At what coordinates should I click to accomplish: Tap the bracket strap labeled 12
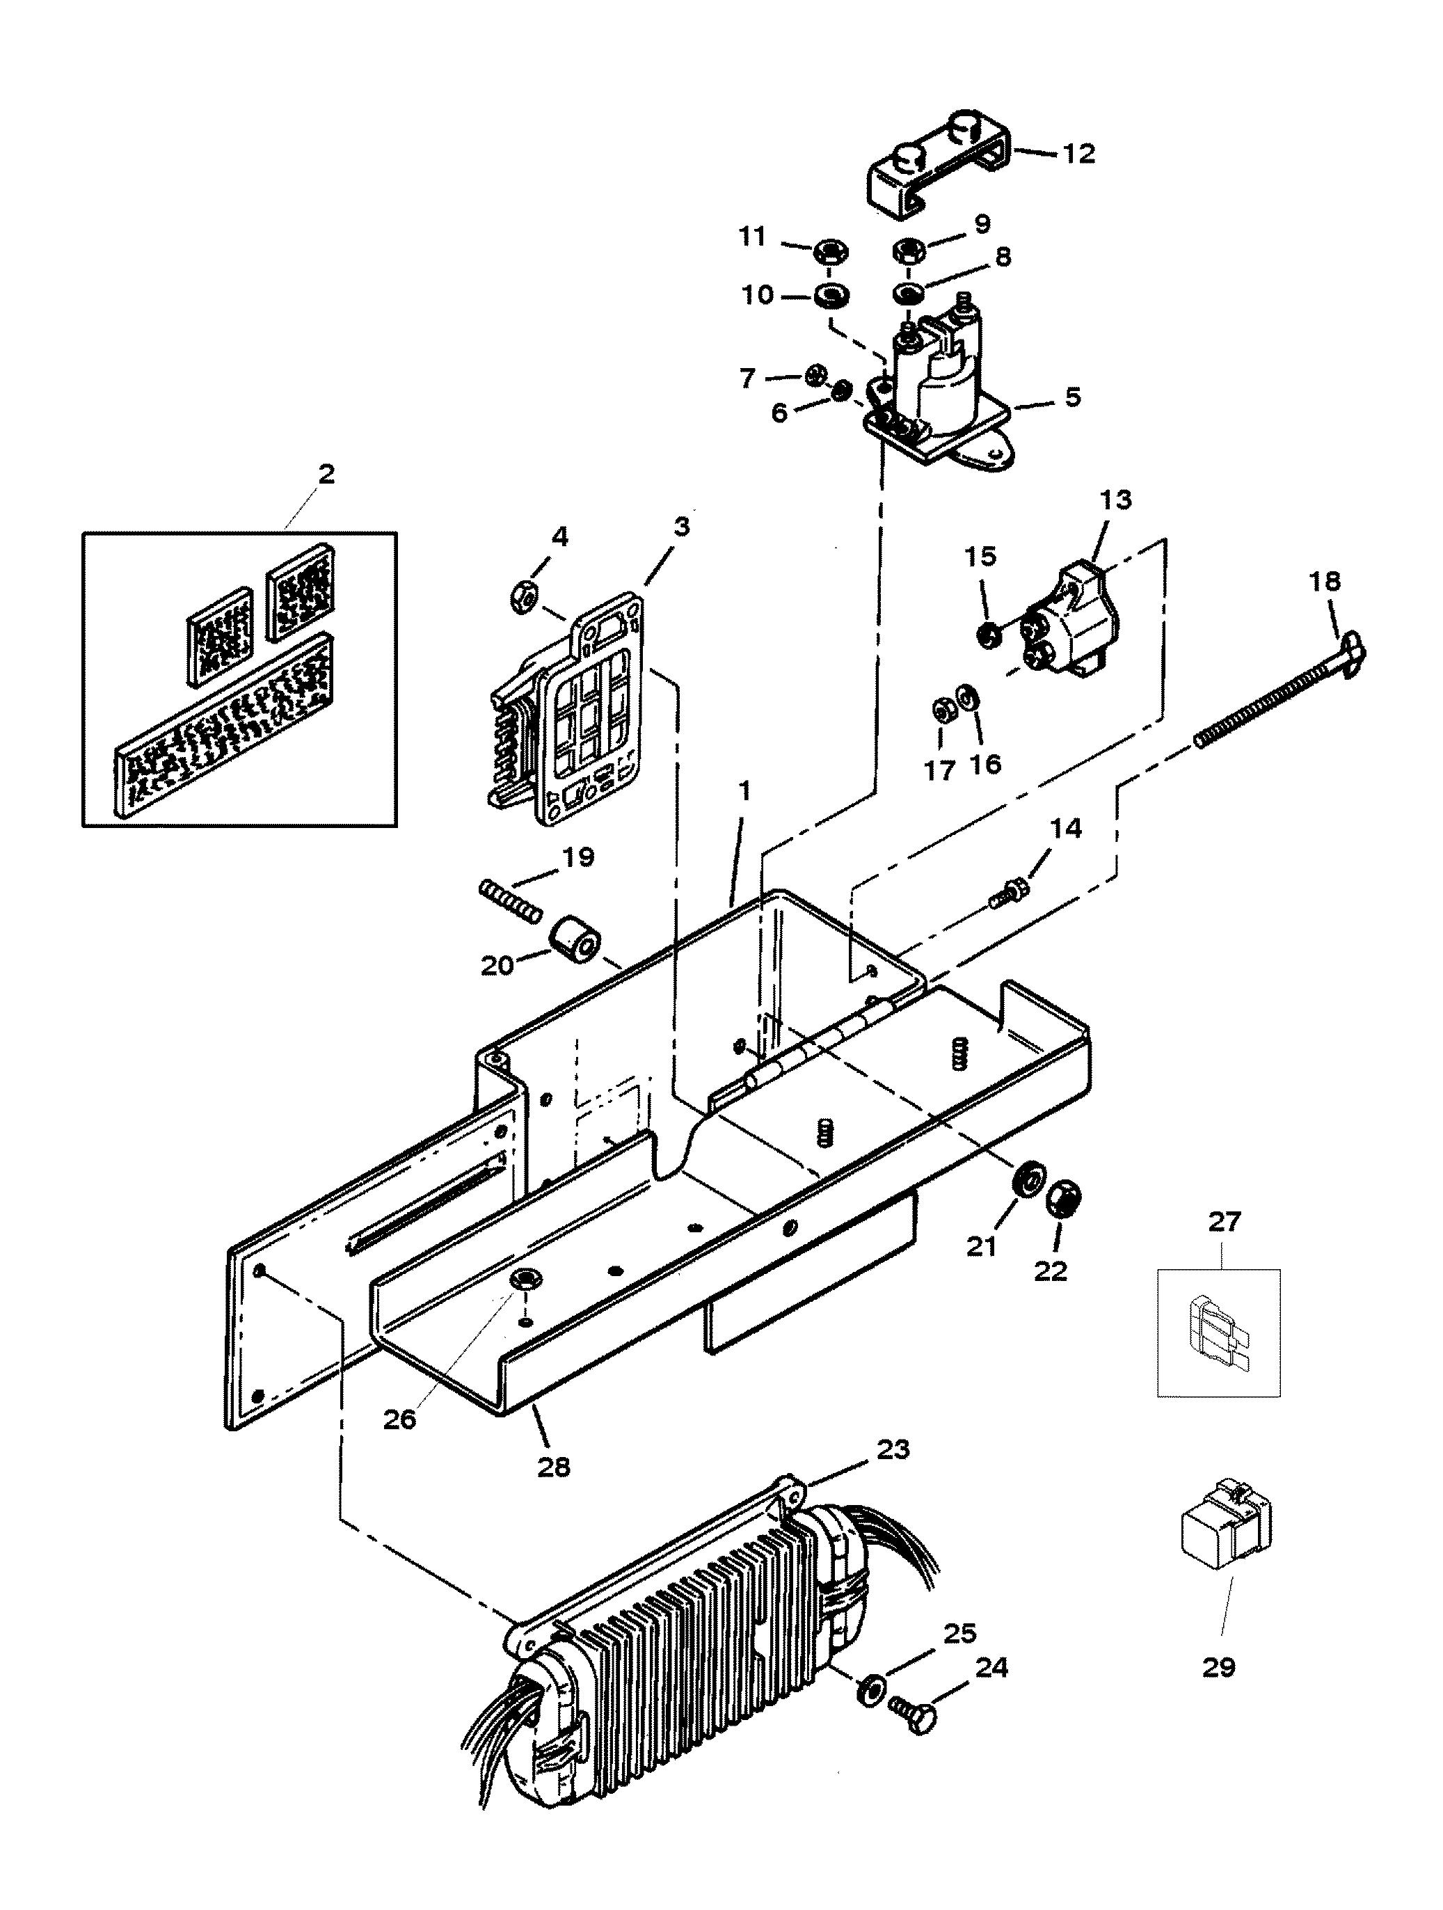click(937, 173)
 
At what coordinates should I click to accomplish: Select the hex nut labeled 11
click(831, 252)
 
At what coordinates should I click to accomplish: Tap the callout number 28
click(554, 1466)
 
